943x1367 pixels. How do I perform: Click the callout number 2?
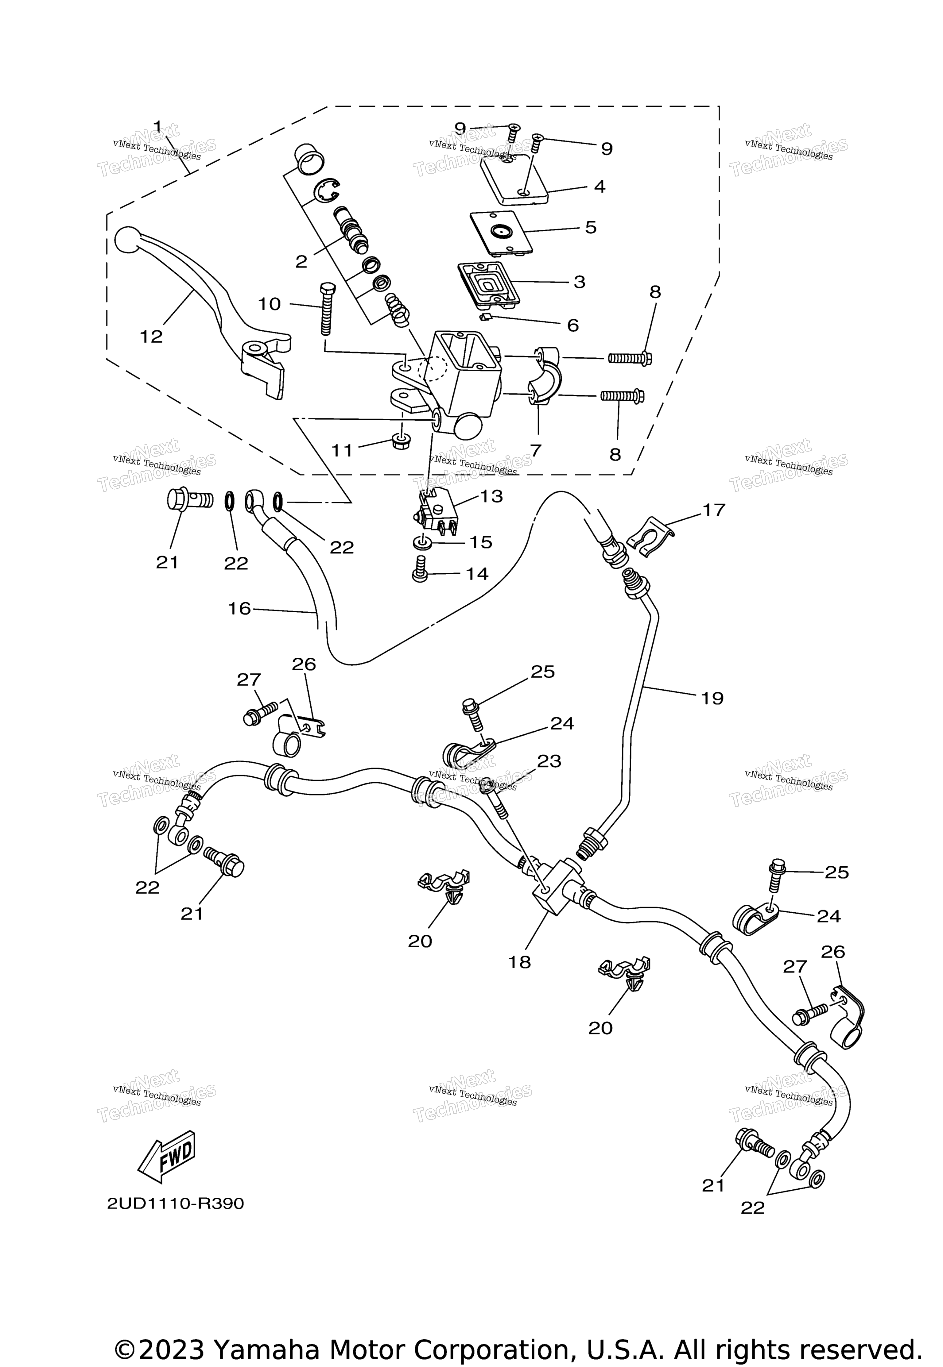tap(301, 262)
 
